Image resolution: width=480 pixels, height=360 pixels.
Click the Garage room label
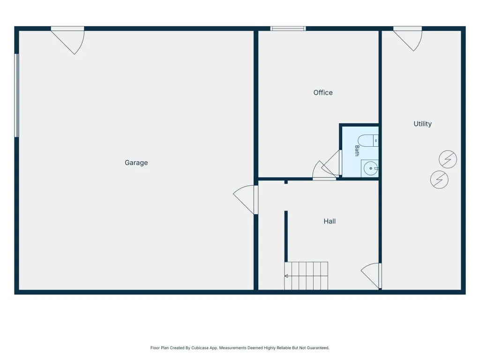click(136, 163)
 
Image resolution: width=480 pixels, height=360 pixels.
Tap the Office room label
click(323, 92)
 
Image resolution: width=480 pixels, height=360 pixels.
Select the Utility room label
click(422, 124)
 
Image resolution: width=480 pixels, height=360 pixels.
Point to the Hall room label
click(330, 221)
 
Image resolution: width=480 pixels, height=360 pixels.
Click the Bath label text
click(357, 150)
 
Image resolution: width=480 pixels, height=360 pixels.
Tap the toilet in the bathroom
click(368, 141)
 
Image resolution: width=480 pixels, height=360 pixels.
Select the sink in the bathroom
click(370, 168)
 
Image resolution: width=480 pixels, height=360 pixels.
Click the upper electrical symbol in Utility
click(448, 159)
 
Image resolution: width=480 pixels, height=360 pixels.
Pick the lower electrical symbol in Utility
click(439, 180)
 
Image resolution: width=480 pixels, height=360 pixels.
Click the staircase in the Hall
click(306, 276)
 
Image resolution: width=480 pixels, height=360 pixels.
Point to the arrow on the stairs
click(306, 276)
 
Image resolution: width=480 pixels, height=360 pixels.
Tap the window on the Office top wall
click(288, 29)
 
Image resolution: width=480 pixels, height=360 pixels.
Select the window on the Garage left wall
click(17, 96)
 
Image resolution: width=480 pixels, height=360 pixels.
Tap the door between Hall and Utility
click(371, 276)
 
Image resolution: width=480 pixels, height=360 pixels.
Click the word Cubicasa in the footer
click(200, 348)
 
